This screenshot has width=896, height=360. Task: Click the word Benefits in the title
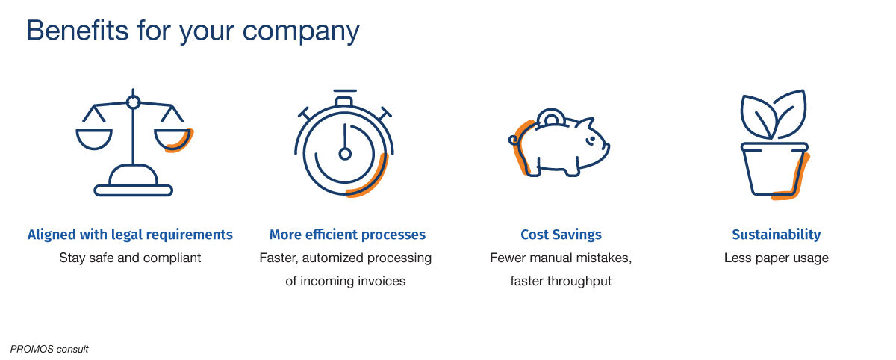point(77,31)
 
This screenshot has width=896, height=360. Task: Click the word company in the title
point(301,32)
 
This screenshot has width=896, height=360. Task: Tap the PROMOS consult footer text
point(49,349)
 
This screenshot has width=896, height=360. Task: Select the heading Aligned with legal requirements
point(130,235)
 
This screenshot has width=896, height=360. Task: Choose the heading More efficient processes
point(347,235)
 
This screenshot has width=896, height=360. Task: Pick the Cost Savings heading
point(561,235)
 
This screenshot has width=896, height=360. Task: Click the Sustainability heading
point(776,235)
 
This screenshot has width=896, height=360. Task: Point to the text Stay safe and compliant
point(130,258)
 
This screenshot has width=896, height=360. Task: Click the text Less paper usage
point(776,258)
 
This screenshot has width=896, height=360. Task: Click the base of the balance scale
point(133,190)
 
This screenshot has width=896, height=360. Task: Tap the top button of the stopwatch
point(344,101)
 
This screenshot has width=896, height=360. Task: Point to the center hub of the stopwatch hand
point(345,154)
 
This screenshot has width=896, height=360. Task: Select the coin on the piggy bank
point(551,117)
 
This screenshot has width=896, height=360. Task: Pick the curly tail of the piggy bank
point(514,140)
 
